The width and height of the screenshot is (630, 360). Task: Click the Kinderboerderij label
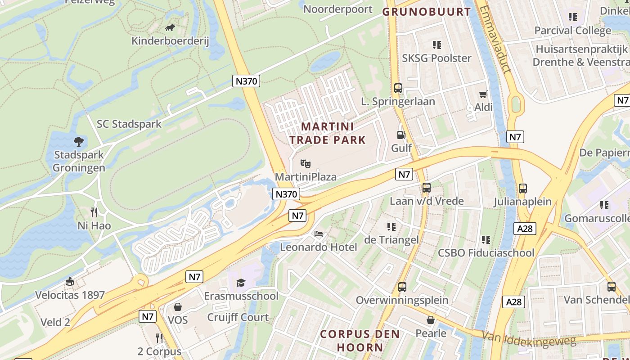tap(170, 41)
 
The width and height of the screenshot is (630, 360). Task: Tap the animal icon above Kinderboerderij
tap(170, 28)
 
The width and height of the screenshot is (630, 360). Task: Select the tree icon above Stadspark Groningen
tap(79, 142)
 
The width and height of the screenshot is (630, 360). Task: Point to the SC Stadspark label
tap(129, 124)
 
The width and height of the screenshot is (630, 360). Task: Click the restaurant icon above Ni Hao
tap(94, 212)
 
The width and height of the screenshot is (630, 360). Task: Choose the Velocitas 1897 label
tap(70, 295)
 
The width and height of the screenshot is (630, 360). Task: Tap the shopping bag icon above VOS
tap(178, 307)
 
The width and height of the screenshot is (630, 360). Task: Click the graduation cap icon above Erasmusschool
tap(241, 283)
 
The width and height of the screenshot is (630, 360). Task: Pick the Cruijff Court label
tap(238, 317)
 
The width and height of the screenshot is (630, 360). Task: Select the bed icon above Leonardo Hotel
tap(319, 234)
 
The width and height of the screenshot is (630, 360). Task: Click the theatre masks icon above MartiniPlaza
tap(306, 163)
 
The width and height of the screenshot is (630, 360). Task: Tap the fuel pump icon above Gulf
tap(401, 135)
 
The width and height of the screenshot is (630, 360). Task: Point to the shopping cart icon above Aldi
tap(483, 94)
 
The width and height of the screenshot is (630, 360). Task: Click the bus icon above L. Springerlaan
tap(398, 88)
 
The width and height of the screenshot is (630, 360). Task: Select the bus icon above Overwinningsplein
tap(402, 287)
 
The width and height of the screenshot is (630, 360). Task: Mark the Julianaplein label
tap(522, 201)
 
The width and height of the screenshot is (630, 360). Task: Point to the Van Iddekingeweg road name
tap(529, 338)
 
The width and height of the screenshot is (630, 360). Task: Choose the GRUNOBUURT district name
tap(426, 12)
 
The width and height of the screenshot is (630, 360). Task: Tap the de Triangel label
tap(391, 240)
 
